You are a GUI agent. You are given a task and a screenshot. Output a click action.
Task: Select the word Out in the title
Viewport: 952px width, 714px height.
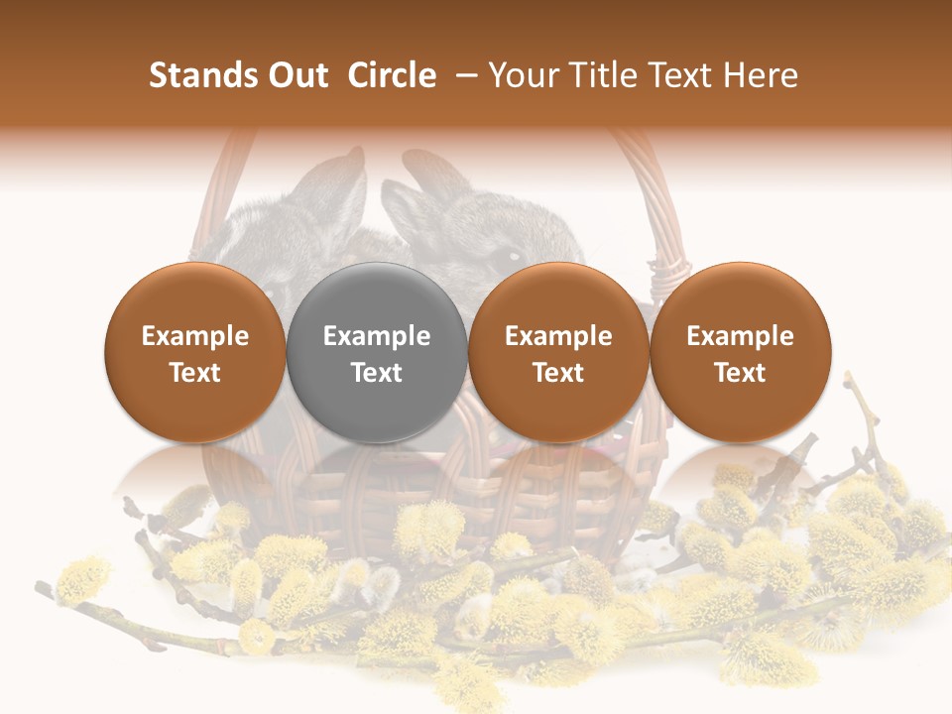295,75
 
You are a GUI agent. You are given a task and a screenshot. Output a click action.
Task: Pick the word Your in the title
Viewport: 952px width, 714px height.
521,75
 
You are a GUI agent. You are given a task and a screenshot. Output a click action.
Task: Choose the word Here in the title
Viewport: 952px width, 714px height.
763,75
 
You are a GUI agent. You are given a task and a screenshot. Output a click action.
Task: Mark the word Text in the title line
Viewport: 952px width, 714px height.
680,75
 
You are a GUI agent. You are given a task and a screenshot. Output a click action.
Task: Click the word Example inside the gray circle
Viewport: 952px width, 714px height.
377,336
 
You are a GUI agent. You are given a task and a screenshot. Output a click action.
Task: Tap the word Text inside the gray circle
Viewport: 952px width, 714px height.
377,373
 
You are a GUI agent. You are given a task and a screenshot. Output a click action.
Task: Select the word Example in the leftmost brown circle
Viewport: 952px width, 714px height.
195,336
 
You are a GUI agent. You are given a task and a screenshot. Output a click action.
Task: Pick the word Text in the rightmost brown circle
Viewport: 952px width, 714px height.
740,373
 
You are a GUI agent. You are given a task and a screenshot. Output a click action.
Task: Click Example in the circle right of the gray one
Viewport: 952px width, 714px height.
558,336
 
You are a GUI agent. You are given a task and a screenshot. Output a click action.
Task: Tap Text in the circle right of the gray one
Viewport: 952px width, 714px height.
558,373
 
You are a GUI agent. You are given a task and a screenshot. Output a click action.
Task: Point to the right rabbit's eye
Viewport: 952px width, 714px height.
514,257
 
